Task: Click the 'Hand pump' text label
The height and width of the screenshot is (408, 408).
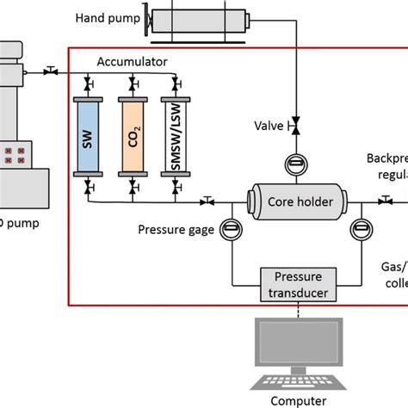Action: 105,17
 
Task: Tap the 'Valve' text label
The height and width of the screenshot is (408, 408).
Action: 265,126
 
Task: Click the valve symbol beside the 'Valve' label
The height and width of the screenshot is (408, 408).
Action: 295,126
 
